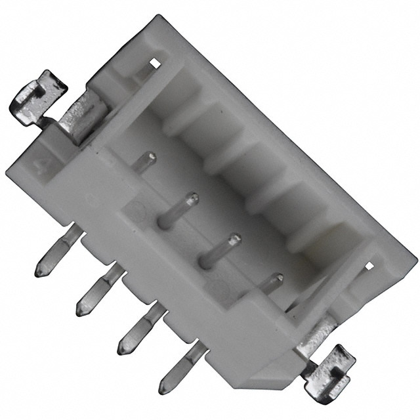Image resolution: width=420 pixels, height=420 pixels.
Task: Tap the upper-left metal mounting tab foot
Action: coord(37,97)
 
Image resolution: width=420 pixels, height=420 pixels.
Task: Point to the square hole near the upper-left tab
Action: coord(155,63)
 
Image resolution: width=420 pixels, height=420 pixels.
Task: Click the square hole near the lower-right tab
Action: coord(369,266)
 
